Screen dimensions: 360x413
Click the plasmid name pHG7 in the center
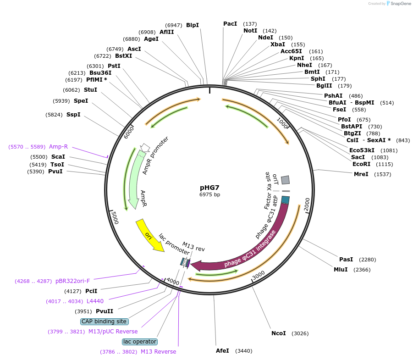coord(209,188)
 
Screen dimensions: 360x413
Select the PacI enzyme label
coord(230,24)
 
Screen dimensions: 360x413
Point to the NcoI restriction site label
coord(278,333)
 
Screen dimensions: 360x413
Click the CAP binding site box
coord(104,321)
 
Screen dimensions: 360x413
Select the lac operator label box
coord(140,342)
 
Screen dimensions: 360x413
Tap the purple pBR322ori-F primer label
coord(73,281)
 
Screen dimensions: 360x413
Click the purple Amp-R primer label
coord(59,147)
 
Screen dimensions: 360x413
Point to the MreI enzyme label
coord(361,174)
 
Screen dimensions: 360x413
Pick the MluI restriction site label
coord(341,270)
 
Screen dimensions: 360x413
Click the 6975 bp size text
coord(209,194)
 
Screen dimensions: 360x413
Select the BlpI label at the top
coord(193,25)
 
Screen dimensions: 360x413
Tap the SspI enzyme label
coord(73,115)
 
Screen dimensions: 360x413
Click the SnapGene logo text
coord(401,4)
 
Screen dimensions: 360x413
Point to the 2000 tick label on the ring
coord(307,202)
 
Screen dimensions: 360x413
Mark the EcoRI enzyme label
coord(361,164)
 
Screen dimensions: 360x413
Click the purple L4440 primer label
coord(95,301)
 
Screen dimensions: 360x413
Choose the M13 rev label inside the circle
coord(193,246)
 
